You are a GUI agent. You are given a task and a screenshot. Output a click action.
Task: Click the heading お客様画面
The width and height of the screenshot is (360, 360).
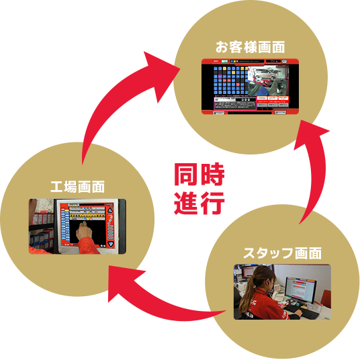click(250, 48)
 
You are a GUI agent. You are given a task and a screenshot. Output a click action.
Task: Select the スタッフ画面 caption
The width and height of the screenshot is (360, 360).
click(283, 253)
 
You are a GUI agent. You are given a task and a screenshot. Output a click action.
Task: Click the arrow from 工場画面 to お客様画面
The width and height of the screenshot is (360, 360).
click(114, 94)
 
